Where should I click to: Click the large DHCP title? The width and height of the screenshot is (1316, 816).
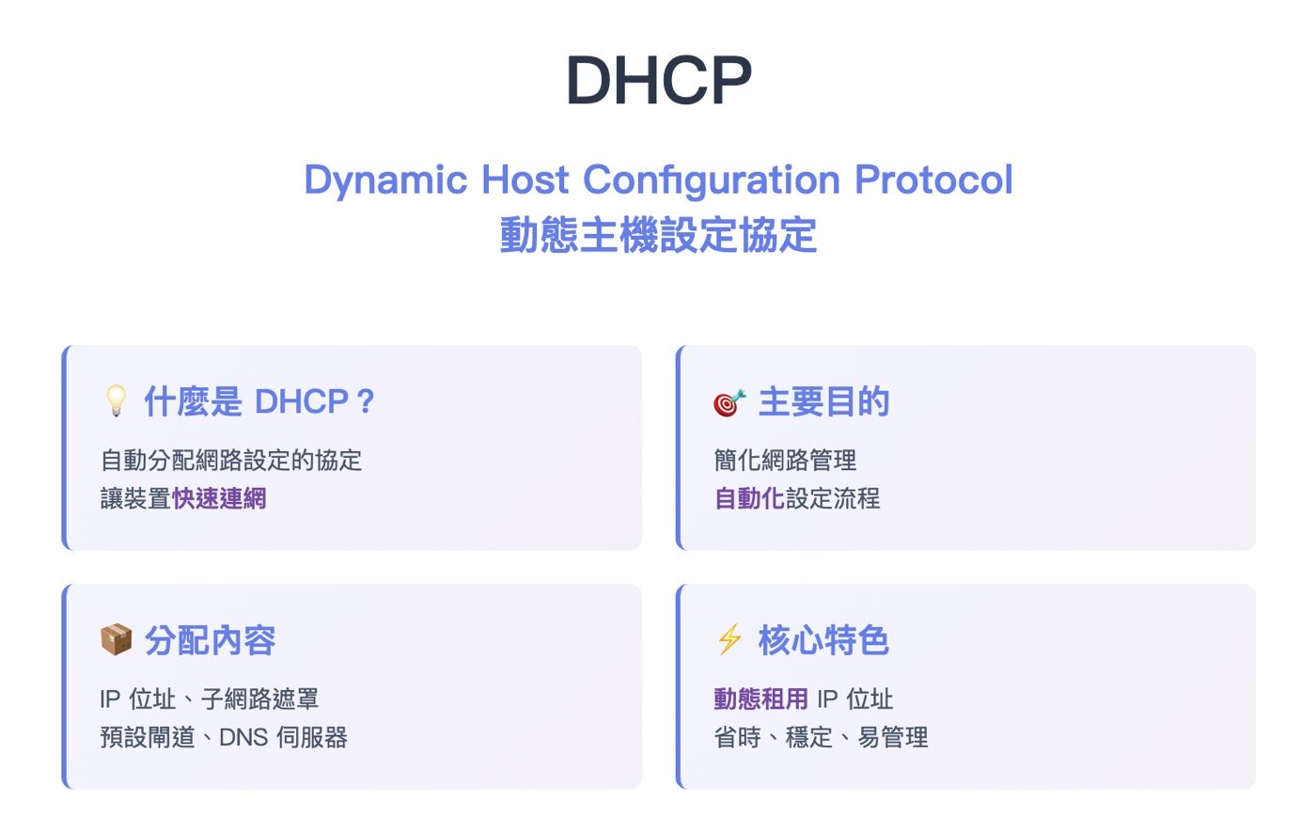[658, 82]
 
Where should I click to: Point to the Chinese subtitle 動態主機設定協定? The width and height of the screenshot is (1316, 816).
[658, 235]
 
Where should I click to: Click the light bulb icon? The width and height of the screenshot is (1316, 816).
[115, 402]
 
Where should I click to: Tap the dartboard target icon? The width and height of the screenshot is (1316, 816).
[729, 402]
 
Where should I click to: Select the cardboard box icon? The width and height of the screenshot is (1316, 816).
[116, 641]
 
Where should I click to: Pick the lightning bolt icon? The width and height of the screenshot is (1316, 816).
[729, 641]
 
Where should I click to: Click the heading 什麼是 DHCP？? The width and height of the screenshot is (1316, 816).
[259, 402]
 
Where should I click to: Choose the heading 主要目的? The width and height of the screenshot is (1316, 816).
[823, 402]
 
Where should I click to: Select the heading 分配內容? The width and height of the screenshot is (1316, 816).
[210, 641]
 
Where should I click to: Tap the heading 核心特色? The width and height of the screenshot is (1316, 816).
[823, 641]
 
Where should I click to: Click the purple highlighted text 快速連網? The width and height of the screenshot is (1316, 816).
[220, 498]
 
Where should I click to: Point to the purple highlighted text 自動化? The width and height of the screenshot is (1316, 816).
[749, 498]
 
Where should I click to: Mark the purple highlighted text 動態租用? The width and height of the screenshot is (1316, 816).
[761, 699]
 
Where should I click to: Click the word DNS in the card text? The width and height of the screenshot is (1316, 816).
[243, 738]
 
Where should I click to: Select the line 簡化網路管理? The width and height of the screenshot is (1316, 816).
[786, 461]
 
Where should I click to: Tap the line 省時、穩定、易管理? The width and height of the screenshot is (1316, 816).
[822, 738]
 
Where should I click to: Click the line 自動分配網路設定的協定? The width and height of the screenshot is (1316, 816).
[231, 461]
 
